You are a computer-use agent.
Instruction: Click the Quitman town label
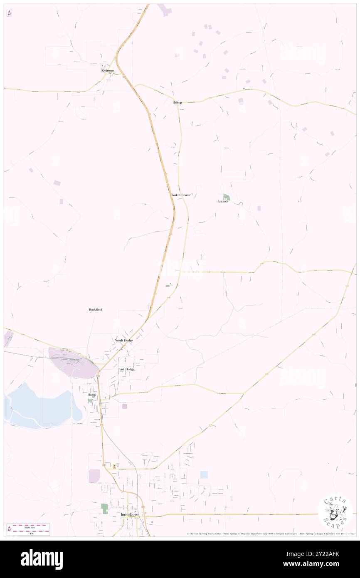click(108, 71)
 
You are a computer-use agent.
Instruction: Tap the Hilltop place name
click(178, 102)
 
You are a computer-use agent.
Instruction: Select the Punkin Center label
click(180, 195)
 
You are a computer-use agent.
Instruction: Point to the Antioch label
click(223, 202)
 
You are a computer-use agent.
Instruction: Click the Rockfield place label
click(96, 309)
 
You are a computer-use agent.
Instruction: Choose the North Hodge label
click(124, 340)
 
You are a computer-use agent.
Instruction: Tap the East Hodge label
click(126, 369)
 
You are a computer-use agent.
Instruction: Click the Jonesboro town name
click(129, 514)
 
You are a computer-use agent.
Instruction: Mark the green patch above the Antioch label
click(226, 196)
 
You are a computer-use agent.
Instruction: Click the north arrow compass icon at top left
click(9, 13)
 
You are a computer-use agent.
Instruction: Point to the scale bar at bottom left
click(28, 529)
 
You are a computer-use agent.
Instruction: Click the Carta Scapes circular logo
click(335, 511)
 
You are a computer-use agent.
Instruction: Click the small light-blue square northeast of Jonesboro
click(204, 474)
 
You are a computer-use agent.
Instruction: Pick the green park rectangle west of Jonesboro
click(104, 508)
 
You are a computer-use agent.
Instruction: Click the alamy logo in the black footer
click(42, 559)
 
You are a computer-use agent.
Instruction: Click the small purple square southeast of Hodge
click(124, 406)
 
